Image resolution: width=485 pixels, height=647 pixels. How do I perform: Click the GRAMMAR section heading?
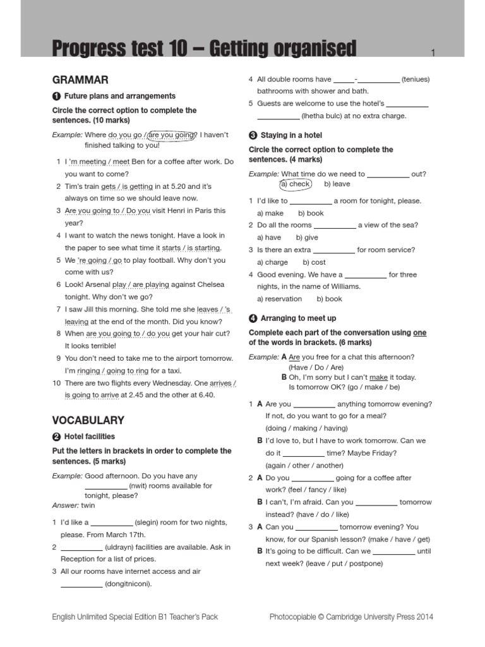click(x=80, y=80)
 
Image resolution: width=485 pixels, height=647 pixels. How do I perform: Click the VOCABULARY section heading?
click(x=88, y=420)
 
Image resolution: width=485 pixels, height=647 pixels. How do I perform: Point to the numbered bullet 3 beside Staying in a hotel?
click(x=253, y=135)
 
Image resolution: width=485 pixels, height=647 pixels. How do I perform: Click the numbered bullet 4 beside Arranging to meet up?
click(x=253, y=318)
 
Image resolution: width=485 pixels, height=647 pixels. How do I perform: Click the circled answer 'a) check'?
click(x=296, y=184)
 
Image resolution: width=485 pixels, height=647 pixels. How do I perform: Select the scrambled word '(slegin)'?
click(x=150, y=523)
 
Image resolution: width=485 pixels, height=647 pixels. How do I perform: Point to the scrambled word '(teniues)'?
click(x=415, y=80)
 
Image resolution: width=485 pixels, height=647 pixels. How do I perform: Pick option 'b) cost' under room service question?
click(x=314, y=262)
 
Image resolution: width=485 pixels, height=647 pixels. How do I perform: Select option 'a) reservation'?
click(x=279, y=299)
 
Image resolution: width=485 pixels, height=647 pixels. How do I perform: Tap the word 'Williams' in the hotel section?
click(x=342, y=287)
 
